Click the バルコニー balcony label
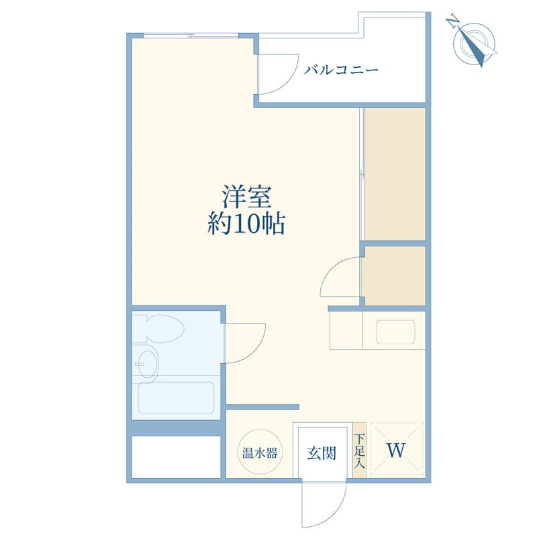click(341, 70)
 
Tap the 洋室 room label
click(247, 197)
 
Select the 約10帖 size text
click(246, 224)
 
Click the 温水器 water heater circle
click(260, 453)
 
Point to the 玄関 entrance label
click(322, 453)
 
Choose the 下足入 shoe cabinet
click(360, 450)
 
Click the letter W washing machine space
click(396, 450)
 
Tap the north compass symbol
click(474, 43)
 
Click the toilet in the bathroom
click(161, 328)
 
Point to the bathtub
click(176, 397)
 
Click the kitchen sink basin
click(395, 332)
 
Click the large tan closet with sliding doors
click(395, 175)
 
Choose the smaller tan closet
click(395, 276)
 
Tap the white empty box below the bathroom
click(176, 456)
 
